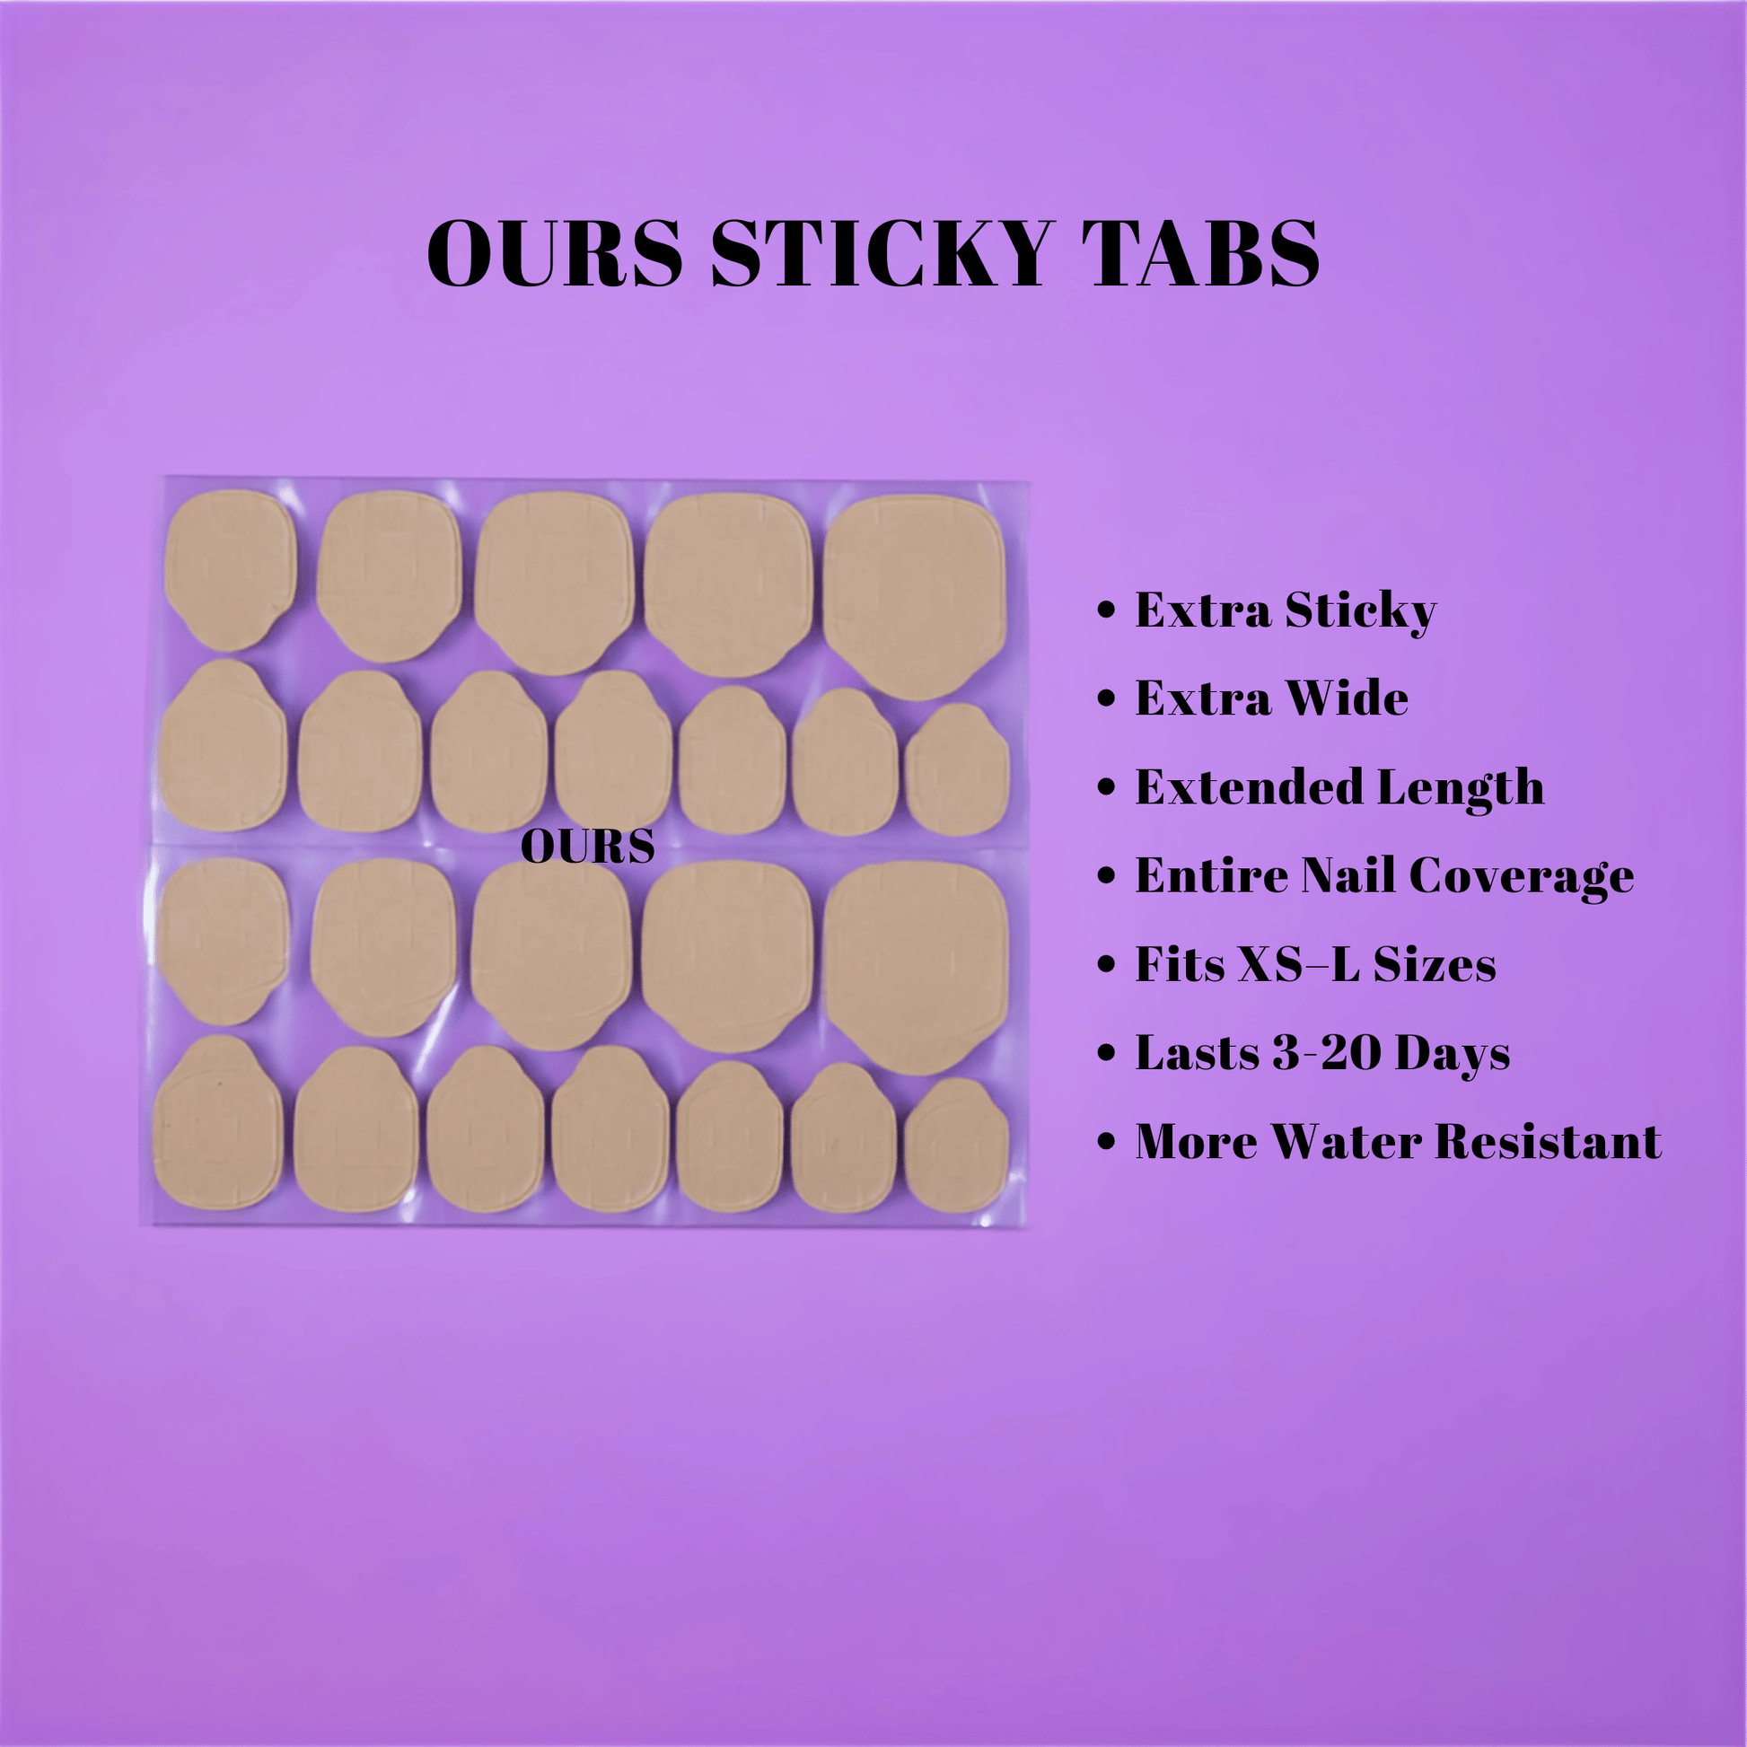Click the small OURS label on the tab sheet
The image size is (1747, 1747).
click(x=588, y=847)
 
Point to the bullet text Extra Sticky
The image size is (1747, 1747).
click(x=1286, y=611)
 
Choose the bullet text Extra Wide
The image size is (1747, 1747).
click(x=1271, y=699)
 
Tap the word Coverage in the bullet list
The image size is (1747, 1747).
click(x=1521, y=876)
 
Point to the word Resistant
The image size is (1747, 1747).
click(x=1548, y=1141)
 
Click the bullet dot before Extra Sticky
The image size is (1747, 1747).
click(x=1106, y=610)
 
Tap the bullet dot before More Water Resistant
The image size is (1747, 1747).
click(x=1106, y=1141)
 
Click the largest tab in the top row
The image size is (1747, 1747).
click(x=914, y=597)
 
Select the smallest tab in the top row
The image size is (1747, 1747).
click(x=230, y=569)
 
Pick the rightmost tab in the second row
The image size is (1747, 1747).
click(x=957, y=770)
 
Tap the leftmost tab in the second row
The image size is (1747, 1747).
click(x=223, y=746)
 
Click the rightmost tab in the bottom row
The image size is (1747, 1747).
click(x=957, y=1145)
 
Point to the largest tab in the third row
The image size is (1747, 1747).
click(x=915, y=968)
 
